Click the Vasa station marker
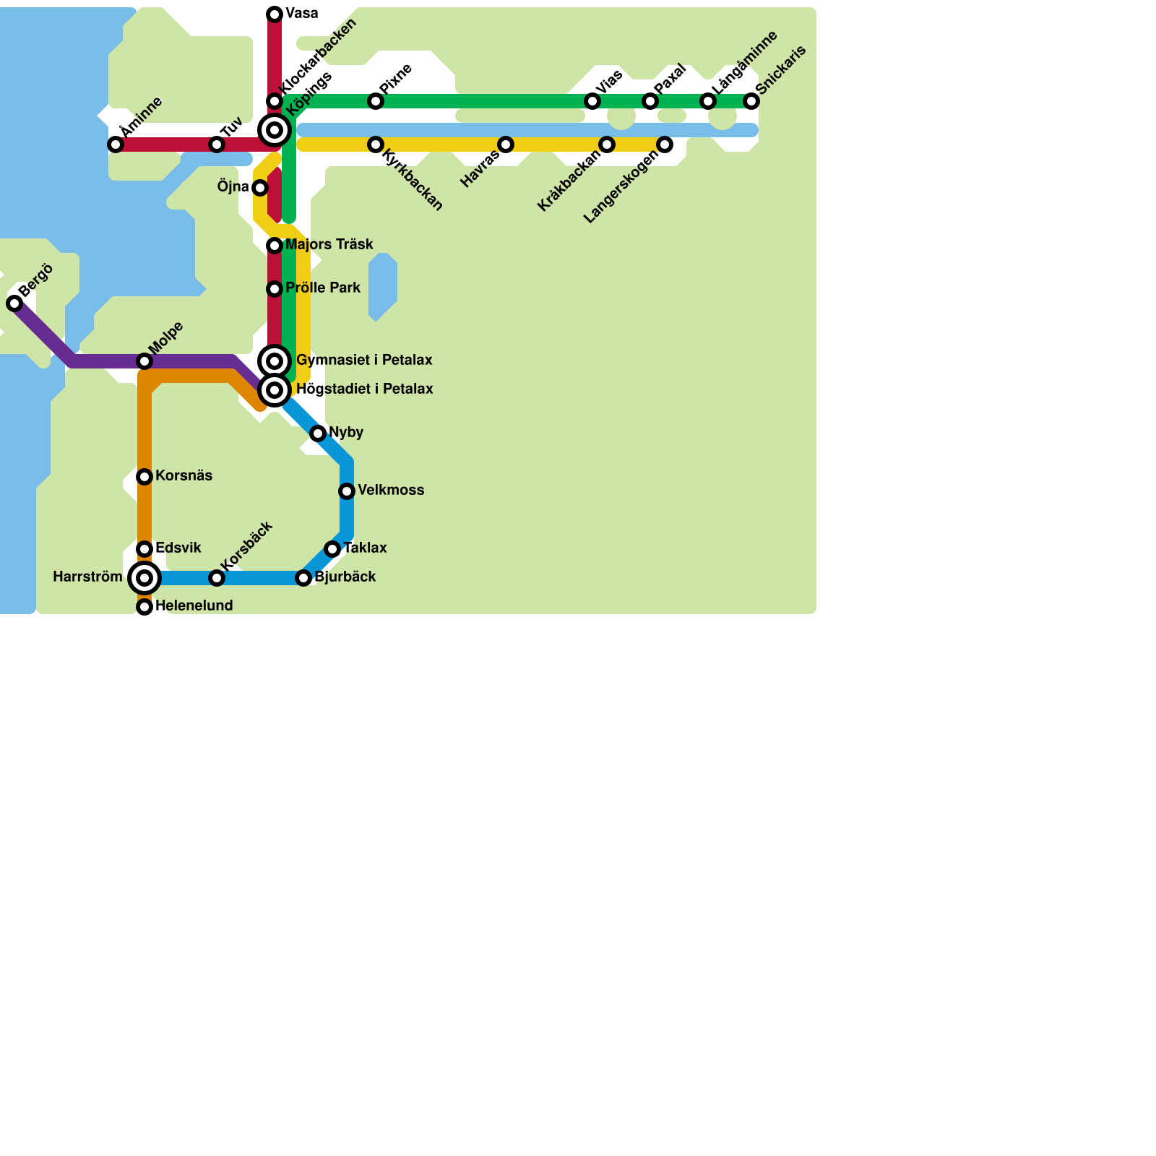pyautogui.click(x=275, y=14)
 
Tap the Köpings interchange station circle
pyautogui.click(x=275, y=130)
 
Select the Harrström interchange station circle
pyautogui.click(x=144, y=578)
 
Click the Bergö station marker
pyautogui.click(x=14, y=303)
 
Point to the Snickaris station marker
pyautogui.click(x=751, y=101)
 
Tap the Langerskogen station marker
pyautogui.click(x=665, y=144)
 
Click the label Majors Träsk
pyautogui.click(x=329, y=245)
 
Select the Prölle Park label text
pyautogui.click(x=322, y=288)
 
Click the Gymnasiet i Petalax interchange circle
pyautogui.click(x=275, y=361)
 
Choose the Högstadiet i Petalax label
pyautogui.click(x=364, y=389)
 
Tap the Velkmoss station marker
pyautogui.click(x=347, y=491)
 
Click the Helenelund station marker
pyautogui.click(x=144, y=607)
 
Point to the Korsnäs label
pyautogui.click(x=184, y=476)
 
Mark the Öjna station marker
pyautogui.click(x=260, y=188)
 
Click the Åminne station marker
pyautogui.click(x=116, y=144)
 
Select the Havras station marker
pyautogui.click(x=506, y=144)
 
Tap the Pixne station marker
pyautogui.click(x=376, y=101)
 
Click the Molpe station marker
pyautogui.click(x=144, y=361)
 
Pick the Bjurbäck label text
pyautogui.click(x=345, y=577)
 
